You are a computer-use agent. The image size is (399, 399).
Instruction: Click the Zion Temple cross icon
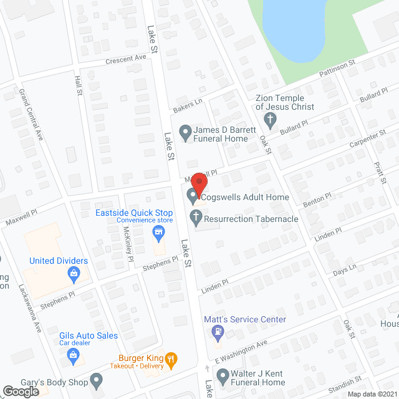(x=270, y=118)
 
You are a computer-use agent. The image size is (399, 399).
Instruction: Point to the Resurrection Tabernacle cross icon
(x=196, y=218)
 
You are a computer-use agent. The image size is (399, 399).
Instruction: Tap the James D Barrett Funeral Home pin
(x=185, y=132)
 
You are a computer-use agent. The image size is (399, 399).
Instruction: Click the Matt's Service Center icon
(x=217, y=332)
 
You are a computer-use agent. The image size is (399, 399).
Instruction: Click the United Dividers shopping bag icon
(x=74, y=272)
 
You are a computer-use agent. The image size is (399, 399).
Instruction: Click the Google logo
(x=21, y=391)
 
